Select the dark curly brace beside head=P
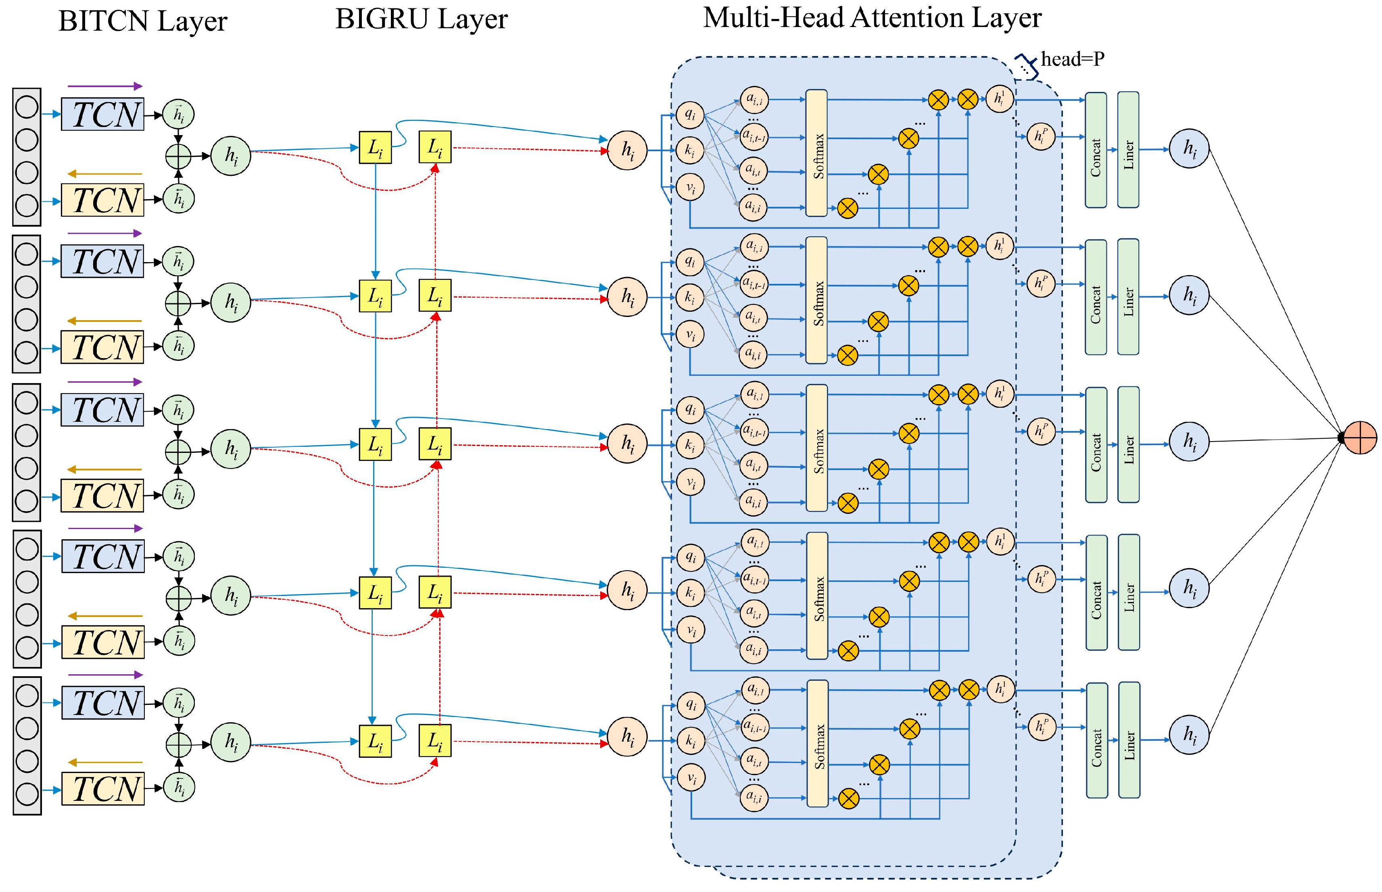click(1026, 65)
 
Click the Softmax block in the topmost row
click(816, 153)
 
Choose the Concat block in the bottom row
click(1097, 740)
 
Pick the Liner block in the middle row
click(1128, 444)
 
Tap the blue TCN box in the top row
click(102, 114)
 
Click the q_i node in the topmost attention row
click(689, 115)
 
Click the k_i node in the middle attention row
click(690, 445)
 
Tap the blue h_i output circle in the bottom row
click(1190, 734)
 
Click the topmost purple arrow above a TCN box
click(105, 86)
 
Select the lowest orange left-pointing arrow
click(105, 762)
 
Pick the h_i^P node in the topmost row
click(1041, 137)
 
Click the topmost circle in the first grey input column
click(27, 107)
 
